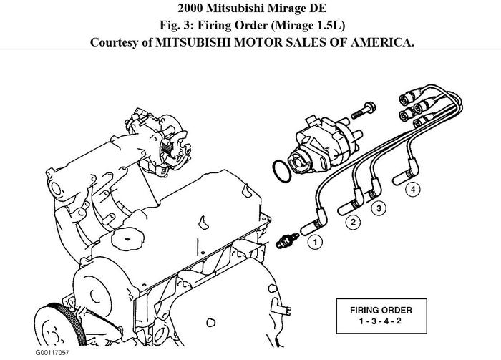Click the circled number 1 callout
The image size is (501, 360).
[313, 243]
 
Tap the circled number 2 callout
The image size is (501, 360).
[352, 223]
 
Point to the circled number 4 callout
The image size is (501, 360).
[411, 190]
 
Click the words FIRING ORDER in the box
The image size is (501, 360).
[384, 311]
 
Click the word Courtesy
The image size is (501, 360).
[116, 42]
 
